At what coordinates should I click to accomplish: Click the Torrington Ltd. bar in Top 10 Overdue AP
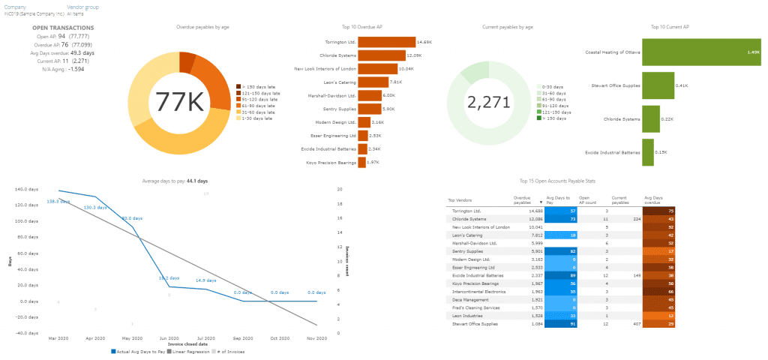(385, 42)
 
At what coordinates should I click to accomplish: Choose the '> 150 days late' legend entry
(259, 87)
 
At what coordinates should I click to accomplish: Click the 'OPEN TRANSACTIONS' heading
(62, 28)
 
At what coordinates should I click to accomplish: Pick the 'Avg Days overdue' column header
(653, 200)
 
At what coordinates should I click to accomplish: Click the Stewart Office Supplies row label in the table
(475, 323)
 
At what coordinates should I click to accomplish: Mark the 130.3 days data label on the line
(94, 207)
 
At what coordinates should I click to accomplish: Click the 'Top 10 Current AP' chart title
(670, 27)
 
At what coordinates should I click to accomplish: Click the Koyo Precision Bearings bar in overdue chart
(361, 162)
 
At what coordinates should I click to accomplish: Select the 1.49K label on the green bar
(753, 52)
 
